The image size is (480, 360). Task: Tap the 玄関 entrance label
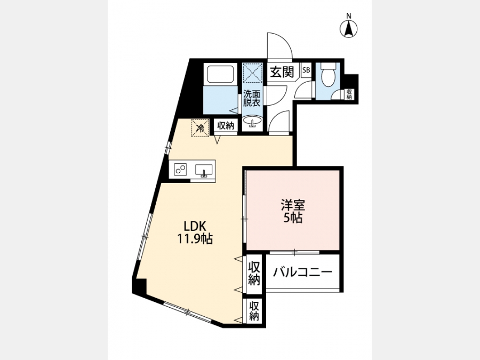click(x=282, y=71)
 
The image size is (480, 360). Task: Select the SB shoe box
click(x=306, y=70)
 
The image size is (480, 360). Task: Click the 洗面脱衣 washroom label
click(x=252, y=98)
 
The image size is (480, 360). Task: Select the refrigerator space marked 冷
click(x=201, y=127)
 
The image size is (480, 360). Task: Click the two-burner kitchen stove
click(x=180, y=169)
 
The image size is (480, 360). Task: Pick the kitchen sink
click(x=204, y=170)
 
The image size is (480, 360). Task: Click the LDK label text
click(x=195, y=226)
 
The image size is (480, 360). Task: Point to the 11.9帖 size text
click(x=195, y=239)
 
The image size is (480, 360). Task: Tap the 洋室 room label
click(x=293, y=205)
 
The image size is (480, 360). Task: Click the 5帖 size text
click(x=293, y=218)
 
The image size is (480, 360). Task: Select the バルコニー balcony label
click(x=303, y=272)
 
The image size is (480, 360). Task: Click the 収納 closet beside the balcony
click(x=254, y=273)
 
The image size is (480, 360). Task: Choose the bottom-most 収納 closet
click(x=254, y=311)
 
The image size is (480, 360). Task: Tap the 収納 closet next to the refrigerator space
click(x=226, y=125)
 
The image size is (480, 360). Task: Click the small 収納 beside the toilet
click(x=349, y=94)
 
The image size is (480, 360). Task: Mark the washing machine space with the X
click(x=253, y=73)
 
